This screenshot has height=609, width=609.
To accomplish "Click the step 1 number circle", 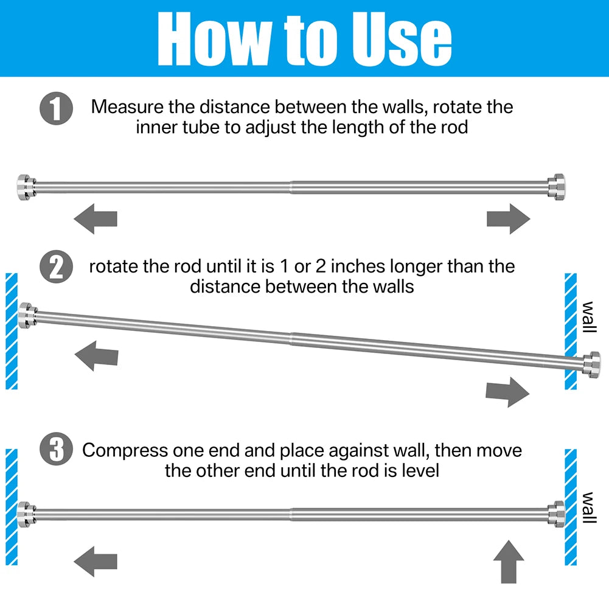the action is pos(57,108).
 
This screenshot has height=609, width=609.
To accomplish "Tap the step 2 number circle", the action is pos(57,266).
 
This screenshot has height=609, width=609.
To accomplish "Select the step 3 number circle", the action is pos(57,448).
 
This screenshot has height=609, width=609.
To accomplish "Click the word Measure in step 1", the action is pos(127,107).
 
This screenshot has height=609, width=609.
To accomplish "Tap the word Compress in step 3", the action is pos(125,451).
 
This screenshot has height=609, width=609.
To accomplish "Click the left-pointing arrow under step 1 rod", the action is pos(96,218).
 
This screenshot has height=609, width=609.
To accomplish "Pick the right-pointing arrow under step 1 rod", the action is pos(509,218).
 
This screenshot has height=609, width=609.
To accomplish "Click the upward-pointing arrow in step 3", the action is pos(509,562).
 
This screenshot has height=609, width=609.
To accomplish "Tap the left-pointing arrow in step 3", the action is pos(96,561).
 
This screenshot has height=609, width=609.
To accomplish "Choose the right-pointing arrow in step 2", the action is pos(507,392).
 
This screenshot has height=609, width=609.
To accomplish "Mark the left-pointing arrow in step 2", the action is pos(96,356).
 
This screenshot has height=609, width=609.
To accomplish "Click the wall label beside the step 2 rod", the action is pos(589,317).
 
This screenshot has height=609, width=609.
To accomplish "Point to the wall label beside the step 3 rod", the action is pos(589,507).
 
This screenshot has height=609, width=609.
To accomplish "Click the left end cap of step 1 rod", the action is pos(26,187).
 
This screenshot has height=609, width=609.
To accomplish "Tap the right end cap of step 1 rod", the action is pos(557,187).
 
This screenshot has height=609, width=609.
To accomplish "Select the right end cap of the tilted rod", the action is pos(591,364).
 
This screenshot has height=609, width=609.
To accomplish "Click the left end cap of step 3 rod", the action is pos(26,514).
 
